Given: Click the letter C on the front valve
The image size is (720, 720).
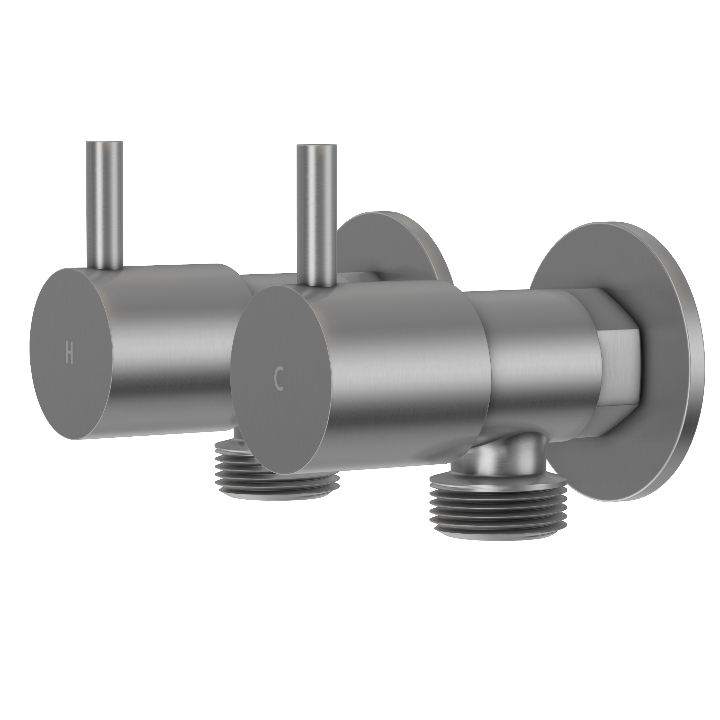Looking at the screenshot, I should point(279,379).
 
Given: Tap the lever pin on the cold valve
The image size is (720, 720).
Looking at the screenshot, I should point(316,216).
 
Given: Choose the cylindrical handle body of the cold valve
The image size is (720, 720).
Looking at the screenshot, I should point(399,373).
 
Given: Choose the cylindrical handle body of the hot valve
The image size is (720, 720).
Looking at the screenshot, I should point(168,347).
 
